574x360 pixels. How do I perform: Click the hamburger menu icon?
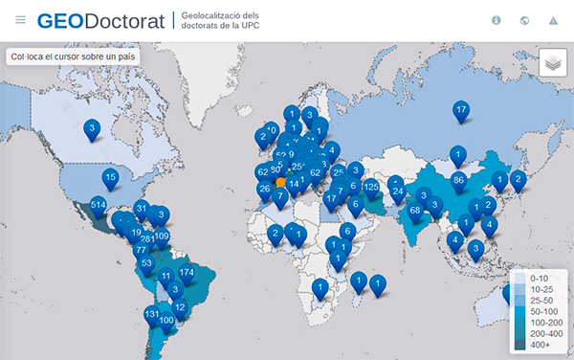pyautogui.click(x=20, y=20)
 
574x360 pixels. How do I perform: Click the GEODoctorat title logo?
pyautogui.click(x=101, y=20)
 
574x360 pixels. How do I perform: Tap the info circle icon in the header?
pyautogui.click(x=497, y=20)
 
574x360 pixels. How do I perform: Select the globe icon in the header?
pyautogui.click(x=524, y=20)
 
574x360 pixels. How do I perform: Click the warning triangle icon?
pyautogui.click(x=553, y=20)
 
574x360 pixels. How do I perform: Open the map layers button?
pyautogui.click(x=552, y=63)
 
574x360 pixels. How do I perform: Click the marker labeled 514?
pyautogui.click(x=98, y=205)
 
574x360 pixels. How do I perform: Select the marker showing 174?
pyautogui.click(x=187, y=273)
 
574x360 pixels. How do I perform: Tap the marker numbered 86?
pyautogui.click(x=458, y=179)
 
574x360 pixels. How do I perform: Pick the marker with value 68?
pyautogui.click(x=415, y=210)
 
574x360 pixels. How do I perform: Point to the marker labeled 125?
pyautogui.click(x=371, y=186)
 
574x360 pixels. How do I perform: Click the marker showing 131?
pyautogui.click(x=152, y=314)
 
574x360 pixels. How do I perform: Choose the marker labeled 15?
pyautogui.click(x=111, y=177)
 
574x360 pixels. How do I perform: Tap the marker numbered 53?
pyautogui.click(x=146, y=262)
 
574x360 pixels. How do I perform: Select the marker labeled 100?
pyautogui.click(x=166, y=320)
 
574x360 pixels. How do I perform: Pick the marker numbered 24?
pyautogui.click(x=398, y=191)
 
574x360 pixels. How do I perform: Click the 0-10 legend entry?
pyautogui.click(x=539, y=278)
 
